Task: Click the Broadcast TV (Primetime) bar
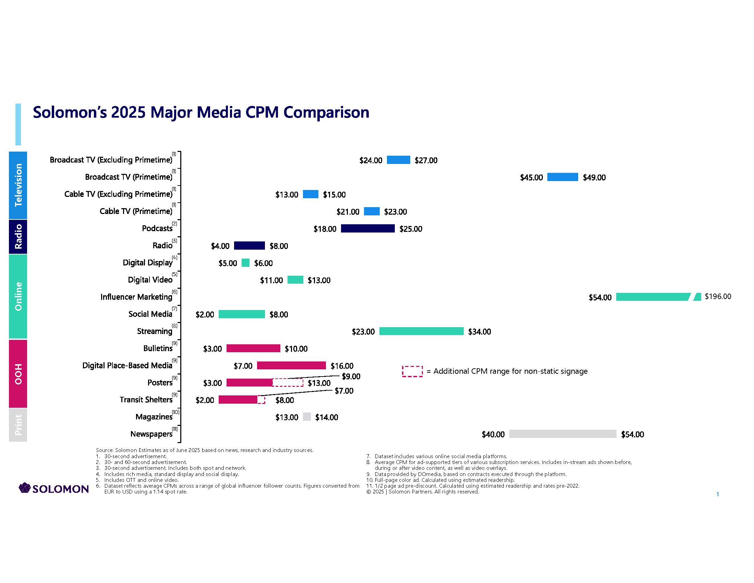pyautogui.click(x=562, y=177)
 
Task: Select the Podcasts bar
pyautogui.click(x=368, y=229)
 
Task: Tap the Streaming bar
pyautogui.click(x=421, y=331)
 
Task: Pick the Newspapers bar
pyautogui.click(x=562, y=434)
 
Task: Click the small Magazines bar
pyautogui.click(x=307, y=417)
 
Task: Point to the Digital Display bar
pyautogui.click(x=245, y=263)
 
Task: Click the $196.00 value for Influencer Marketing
pyautogui.click(x=718, y=296)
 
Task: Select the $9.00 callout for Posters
pyautogui.click(x=351, y=376)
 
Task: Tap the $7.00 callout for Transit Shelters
pyautogui.click(x=344, y=391)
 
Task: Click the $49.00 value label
pyautogui.click(x=594, y=178)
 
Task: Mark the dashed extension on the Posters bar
pyautogui.click(x=288, y=383)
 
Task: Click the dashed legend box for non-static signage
pyautogui.click(x=412, y=371)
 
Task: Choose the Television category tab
pyautogui.click(x=18, y=185)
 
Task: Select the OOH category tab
pyautogui.click(x=18, y=374)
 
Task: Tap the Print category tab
pyautogui.click(x=18, y=425)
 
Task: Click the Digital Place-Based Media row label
pyautogui.click(x=127, y=366)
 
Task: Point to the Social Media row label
pyautogui.click(x=150, y=314)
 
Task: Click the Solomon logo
pyautogui.click(x=54, y=488)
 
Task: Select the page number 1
pyautogui.click(x=718, y=494)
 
